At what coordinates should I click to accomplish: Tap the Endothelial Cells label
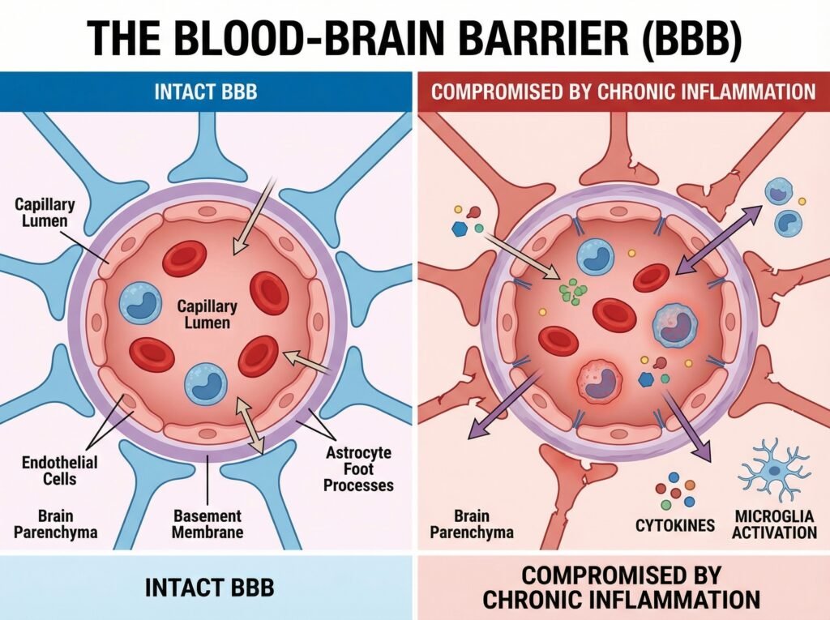click(60, 470)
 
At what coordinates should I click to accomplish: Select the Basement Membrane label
click(207, 524)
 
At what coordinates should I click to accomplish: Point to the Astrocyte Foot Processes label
click(358, 469)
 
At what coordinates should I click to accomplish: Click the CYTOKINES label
click(675, 525)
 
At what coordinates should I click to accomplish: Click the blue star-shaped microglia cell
click(774, 469)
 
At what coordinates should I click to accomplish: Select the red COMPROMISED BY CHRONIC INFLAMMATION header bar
click(622, 91)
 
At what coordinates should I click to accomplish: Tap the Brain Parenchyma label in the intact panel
click(56, 524)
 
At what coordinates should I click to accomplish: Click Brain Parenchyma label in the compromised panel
click(472, 524)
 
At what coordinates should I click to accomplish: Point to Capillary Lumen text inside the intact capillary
click(207, 314)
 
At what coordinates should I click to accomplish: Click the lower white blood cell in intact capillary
click(207, 383)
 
